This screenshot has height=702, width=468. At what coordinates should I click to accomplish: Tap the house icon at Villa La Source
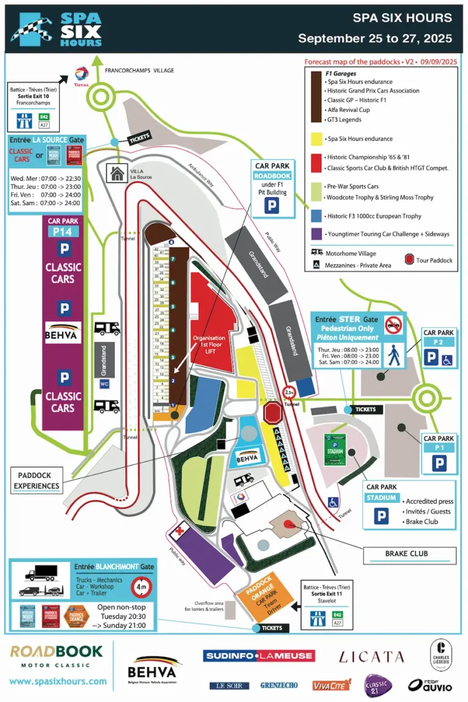pyautogui.click(x=115, y=173)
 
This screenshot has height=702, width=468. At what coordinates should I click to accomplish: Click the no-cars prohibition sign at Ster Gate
pyautogui.click(x=394, y=323)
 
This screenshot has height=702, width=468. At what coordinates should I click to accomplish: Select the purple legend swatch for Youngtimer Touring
pyautogui.click(x=315, y=234)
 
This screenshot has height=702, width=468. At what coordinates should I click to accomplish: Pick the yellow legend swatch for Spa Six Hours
pyautogui.click(x=315, y=138)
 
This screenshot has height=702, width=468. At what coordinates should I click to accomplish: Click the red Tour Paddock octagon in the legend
pyautogui.click(x=408, y=260)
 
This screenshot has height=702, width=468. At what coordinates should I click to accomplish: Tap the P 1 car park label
pyautogui.click(x=439, y=439)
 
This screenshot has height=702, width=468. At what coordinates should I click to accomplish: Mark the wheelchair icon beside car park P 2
pyautogui.click(x=448, y=359)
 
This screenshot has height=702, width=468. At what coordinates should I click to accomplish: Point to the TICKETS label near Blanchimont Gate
pyautogui.click(x=272, y=627)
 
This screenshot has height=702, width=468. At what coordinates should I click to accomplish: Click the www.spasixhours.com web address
pyautogui.click(x=58, y=681)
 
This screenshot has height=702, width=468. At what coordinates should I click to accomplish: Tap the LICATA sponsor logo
pyautogui.click(x=371, y=657)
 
